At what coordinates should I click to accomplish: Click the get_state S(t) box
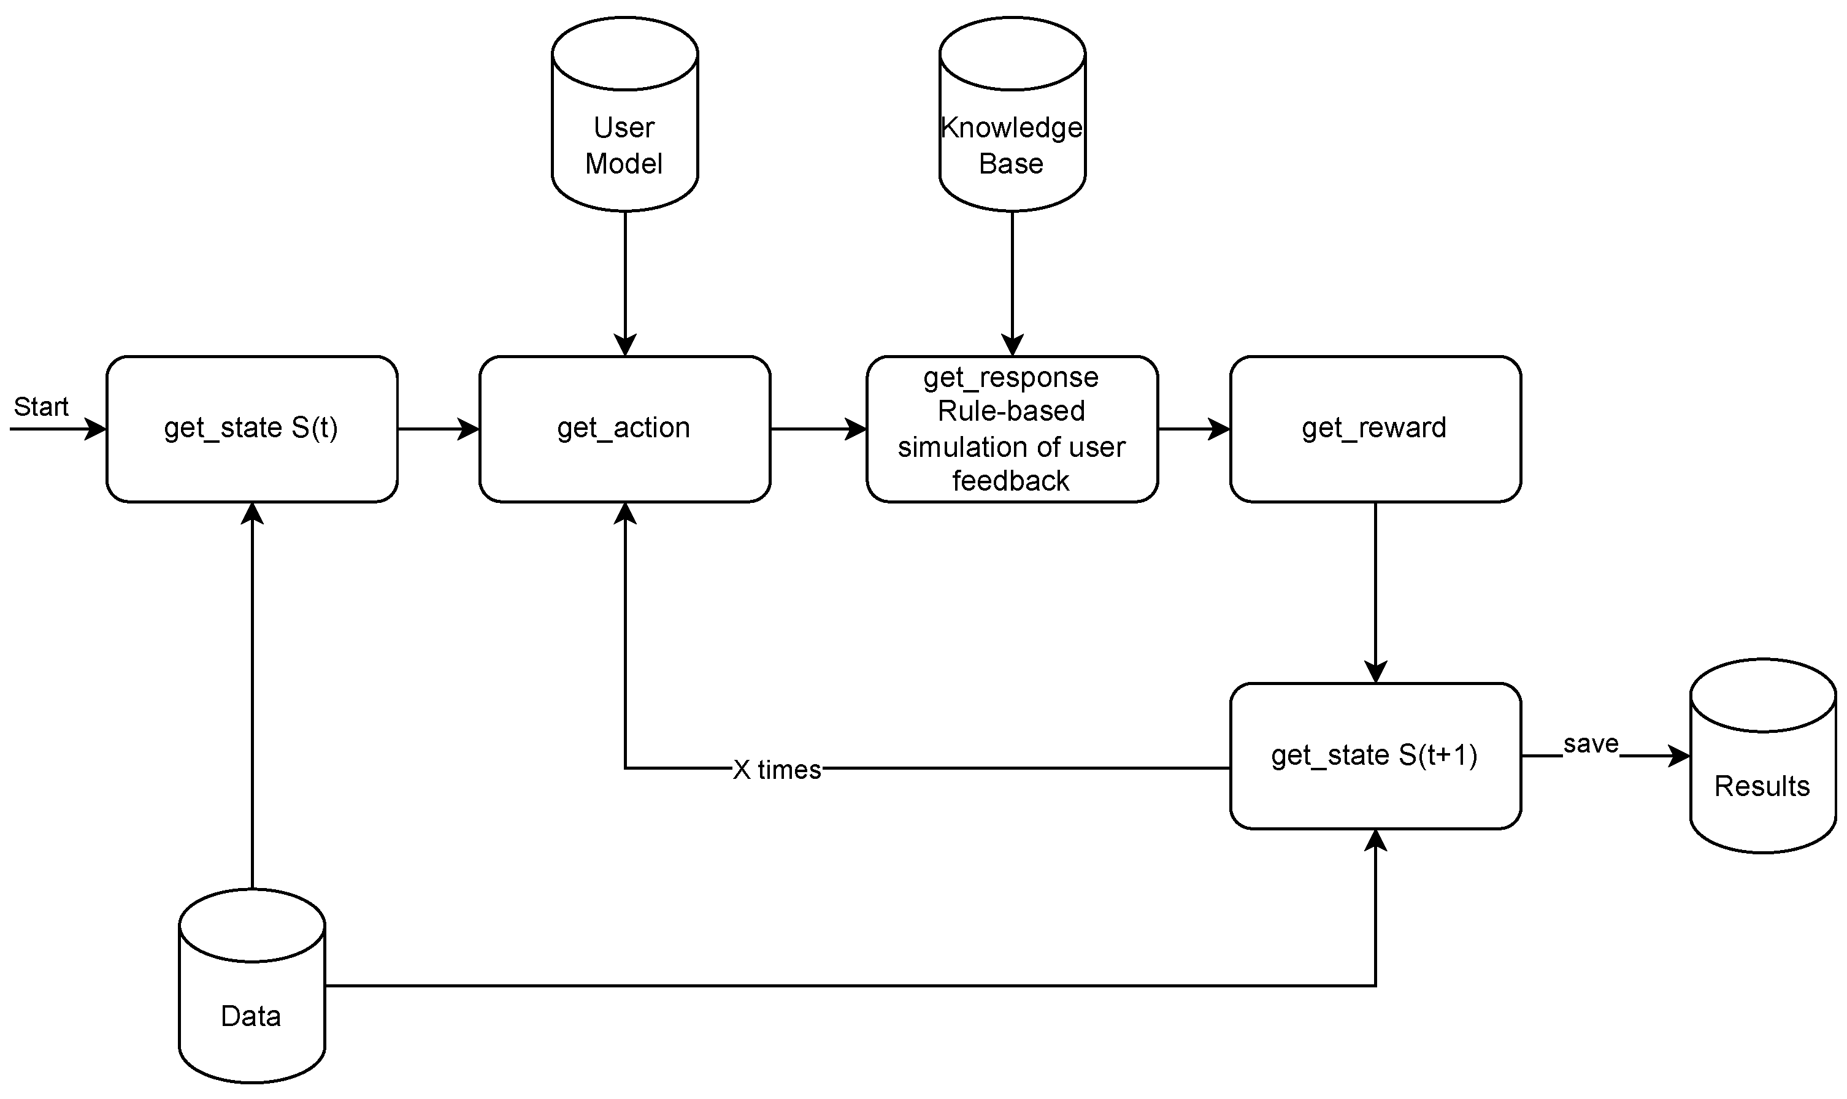252,429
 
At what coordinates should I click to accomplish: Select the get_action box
624,429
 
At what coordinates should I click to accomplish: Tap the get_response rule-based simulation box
1012,429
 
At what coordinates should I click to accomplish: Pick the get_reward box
1375,429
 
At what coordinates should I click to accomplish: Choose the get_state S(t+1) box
1375,756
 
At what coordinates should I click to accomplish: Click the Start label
40,407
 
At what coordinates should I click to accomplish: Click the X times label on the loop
777,770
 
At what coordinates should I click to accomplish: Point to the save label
1590,743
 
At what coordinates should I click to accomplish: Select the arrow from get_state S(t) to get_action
438,429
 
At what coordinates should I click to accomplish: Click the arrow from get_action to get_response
818,429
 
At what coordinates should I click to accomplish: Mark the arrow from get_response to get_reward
1193,429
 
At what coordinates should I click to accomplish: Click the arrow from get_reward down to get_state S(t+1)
1375,592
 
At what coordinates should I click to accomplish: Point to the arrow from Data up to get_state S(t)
253,696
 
